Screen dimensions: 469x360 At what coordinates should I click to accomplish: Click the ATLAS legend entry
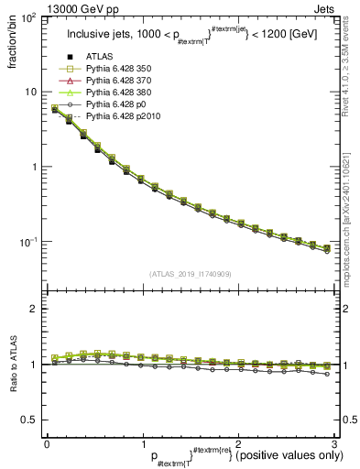tap(100, 57)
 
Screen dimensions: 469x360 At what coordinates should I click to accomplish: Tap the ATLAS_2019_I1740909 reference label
tap(189, 274)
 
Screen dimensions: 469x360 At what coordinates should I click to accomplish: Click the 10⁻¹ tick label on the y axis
tap(28, 242)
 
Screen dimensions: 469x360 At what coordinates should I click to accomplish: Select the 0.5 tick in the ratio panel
tap(29, 420)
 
